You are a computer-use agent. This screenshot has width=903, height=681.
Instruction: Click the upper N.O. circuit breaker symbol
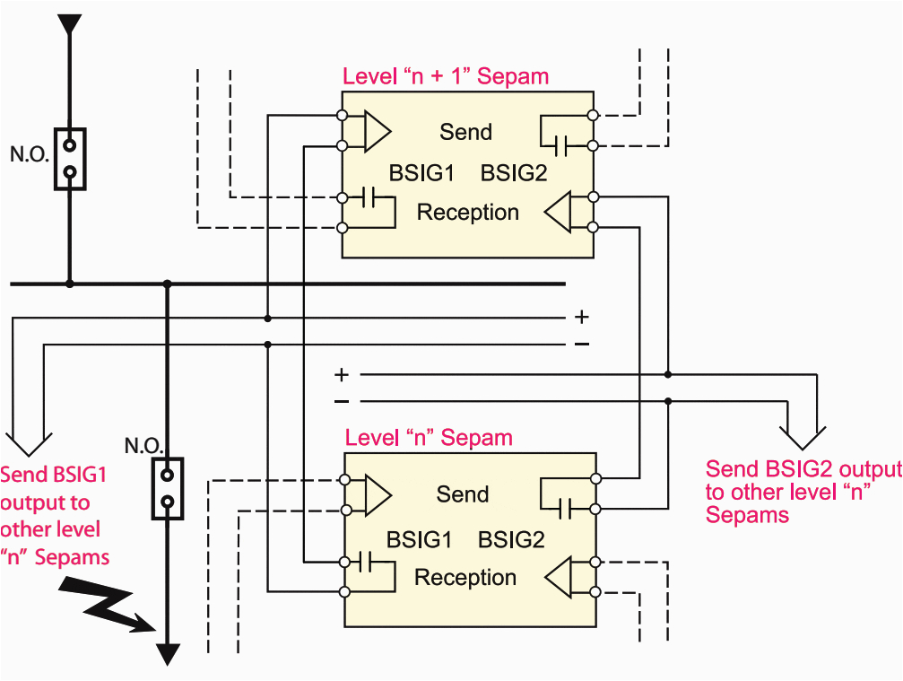click(70, 158)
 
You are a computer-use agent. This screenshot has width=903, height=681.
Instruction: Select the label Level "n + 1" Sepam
click(446, 76)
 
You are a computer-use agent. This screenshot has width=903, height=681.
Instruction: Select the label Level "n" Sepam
click(429, 438)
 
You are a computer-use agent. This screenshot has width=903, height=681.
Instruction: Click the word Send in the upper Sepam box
click(465, 132)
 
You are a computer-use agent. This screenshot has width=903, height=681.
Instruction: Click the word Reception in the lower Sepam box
click(465, 578)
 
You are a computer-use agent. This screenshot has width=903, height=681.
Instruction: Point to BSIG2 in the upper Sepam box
click(514, 172)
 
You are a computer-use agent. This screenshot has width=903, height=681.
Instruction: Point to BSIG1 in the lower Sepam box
click(419, 540)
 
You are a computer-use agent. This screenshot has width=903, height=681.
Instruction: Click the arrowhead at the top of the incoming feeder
click(69, 24)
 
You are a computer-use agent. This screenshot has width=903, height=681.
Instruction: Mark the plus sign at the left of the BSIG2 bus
click(341, 374)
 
